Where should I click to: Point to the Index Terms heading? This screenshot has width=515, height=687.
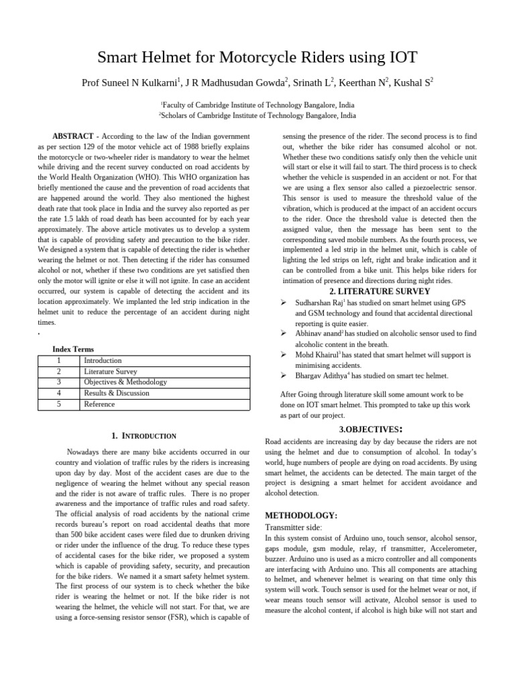click(x=73, y=350)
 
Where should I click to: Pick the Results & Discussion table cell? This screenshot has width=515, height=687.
click(x=113, y=393)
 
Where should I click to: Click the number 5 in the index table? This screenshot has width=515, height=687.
click(x=59, y=404)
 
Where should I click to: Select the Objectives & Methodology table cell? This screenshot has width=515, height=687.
click(x=125, y=382)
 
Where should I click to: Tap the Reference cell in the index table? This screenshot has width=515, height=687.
click(x=99, y=404)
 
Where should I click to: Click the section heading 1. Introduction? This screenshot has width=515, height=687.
click(x=143, y=436)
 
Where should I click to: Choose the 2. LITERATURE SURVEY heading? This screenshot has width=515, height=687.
click(x=370, y=291)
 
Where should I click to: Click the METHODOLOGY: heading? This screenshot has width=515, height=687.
click(x=301, y=515)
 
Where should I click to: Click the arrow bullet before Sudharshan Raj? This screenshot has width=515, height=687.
click(x=284, y=303)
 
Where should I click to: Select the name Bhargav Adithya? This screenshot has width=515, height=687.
click(x=318, y=376)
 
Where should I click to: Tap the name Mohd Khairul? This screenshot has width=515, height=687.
click(x=316, y=354)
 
